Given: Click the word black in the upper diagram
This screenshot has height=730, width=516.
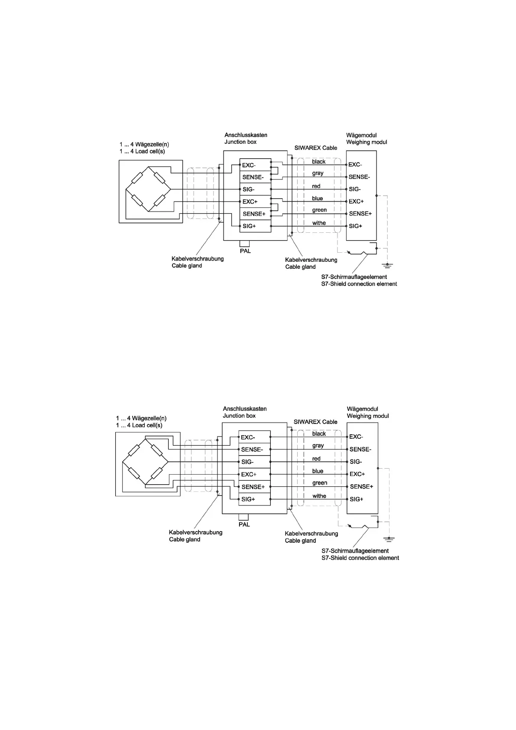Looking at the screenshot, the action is [318, 162].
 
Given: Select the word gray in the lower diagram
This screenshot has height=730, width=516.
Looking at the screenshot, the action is [318, 446].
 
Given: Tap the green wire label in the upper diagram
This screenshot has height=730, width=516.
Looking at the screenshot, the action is [319, 210].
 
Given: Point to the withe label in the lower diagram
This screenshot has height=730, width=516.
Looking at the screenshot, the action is [319, 496].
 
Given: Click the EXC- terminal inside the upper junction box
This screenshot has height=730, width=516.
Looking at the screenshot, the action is [249, 165].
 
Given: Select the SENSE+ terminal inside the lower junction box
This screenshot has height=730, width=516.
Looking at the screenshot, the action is [253, 487].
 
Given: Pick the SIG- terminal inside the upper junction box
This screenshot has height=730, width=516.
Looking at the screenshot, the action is [248, 189].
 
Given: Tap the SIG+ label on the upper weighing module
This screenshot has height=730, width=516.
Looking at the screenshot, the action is [355, 226].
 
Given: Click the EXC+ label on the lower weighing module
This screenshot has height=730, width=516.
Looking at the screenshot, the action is [357, 474].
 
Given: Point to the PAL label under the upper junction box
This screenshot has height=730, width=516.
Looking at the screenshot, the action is [245, 251].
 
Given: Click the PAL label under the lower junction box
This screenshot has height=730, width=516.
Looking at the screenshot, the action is [244, 525].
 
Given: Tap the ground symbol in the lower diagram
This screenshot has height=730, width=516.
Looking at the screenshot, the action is [389, 539].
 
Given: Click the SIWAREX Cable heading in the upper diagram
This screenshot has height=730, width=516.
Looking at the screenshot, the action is [315, 148].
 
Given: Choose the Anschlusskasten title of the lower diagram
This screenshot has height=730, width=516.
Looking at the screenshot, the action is [245, 409].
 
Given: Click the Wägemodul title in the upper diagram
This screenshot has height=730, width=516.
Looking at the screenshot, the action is [361, 135].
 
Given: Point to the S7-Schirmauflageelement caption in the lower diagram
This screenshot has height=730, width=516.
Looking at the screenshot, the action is [355, 551].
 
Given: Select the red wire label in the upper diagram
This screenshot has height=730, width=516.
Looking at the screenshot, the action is [316, 186].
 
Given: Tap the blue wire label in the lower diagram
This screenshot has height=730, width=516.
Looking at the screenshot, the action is [318, 471].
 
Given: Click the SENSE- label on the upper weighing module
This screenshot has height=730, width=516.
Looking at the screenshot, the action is [359, 177].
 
